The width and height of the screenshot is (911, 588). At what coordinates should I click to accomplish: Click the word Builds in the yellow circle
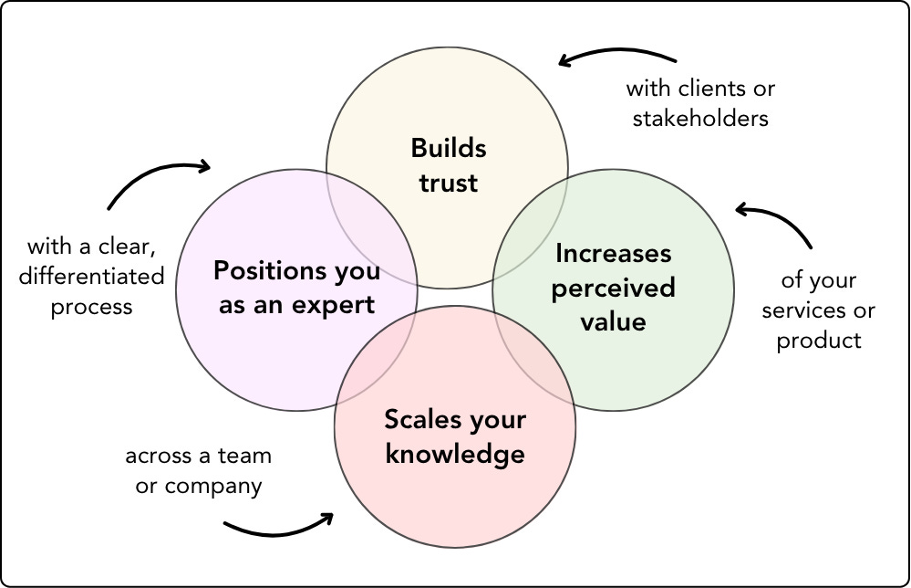[449, 148]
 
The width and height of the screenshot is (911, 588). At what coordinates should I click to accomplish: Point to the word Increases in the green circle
[613, 253]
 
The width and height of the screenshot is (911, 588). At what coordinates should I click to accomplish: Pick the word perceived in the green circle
[613, 288]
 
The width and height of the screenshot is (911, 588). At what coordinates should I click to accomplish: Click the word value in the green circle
[613, 321]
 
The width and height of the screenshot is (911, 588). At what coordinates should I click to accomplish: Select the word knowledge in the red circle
[455, 454]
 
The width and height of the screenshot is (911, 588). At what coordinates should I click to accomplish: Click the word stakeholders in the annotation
[700, 119]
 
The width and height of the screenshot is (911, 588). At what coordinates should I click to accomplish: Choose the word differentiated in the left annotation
[91, 276]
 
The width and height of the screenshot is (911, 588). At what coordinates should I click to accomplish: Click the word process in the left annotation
[91, 307]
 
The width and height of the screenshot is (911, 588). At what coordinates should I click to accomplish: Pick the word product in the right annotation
[819, 341]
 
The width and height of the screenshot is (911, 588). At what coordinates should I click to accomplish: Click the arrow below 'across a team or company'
[279, 525]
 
